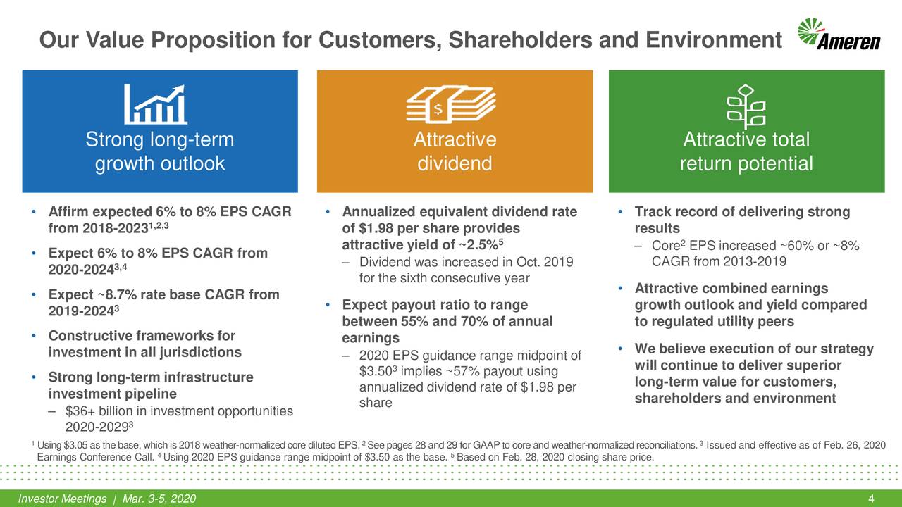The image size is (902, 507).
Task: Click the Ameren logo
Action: point(839,35)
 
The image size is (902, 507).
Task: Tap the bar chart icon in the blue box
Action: point(156,104)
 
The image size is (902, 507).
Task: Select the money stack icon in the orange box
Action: point(454,106)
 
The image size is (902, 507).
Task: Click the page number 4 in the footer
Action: point(872,499)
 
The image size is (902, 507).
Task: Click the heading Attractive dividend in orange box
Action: point(455,151)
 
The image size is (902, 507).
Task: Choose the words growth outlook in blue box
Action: point(159,163)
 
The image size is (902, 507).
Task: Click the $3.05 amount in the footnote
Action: point(76,444)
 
